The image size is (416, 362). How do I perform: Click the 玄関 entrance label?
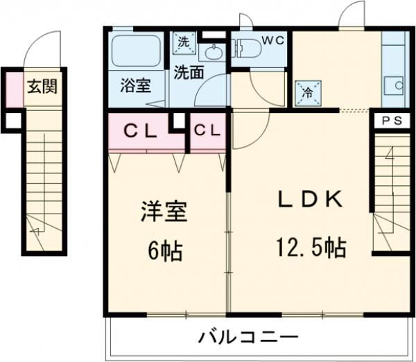tap(42, 87)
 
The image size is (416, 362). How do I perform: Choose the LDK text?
tap(310, 200)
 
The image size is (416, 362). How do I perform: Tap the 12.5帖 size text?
tap(310, 247)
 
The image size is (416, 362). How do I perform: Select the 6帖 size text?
tap(165, 250)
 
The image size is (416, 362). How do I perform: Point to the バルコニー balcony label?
tap(249, 339)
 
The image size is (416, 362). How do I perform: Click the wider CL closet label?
tap(141, 130)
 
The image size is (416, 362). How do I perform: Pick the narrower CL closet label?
tap(207, 130)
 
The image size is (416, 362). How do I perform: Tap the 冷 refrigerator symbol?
tap(306, 92)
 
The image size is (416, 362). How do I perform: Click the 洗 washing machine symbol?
tap(183, 42)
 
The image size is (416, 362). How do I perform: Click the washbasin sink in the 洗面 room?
tap(214, 52)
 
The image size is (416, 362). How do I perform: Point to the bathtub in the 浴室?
tap(137, 51)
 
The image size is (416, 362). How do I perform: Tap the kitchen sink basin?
tap(397, 86)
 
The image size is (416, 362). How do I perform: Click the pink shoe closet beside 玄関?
tap(14, 87)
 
